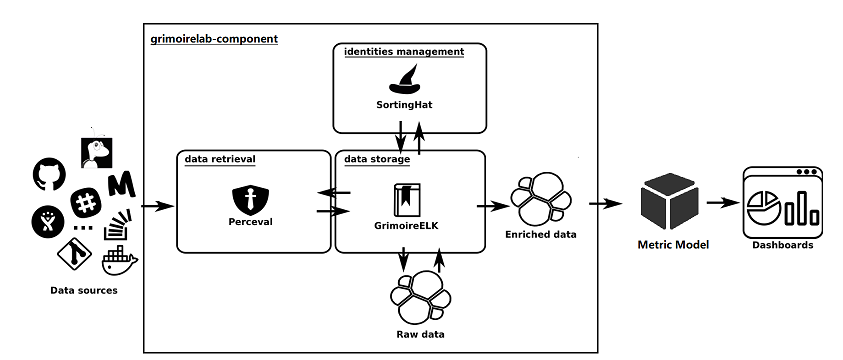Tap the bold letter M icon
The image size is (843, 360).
121,185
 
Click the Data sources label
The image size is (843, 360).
84,290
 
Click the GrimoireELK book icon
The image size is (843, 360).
404,199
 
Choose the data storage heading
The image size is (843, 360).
376,158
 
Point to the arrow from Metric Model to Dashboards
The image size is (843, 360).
720,203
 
